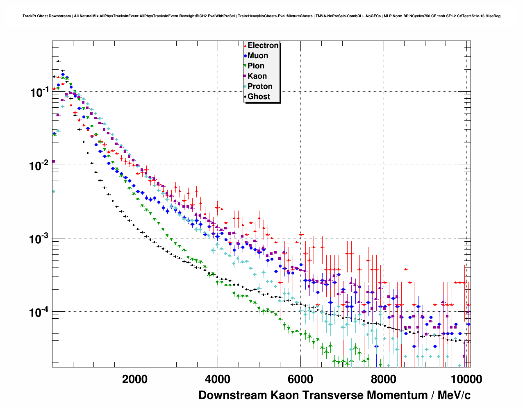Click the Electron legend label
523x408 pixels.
tap(263, 45)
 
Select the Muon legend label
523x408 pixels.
tap(258, 56)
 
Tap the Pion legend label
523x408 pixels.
tap(256, 66)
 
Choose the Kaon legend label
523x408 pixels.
tap(257, 76)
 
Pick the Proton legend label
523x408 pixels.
tap(260, 86)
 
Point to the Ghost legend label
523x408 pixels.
tap(259, 97)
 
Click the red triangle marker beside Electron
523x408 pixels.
tap(245, 45)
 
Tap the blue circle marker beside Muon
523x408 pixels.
tap(245, 56)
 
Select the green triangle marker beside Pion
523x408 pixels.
tap(245, 66)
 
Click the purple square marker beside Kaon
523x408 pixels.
tap(245, 76)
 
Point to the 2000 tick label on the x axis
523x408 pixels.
tap(135, 379)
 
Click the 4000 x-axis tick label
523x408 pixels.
tap(218, 379)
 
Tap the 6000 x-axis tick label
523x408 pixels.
tap(300, 379)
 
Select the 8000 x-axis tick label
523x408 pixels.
tap(383, 379)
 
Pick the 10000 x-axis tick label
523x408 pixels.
tap(466, 379)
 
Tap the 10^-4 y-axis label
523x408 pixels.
tap(40, 312)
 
